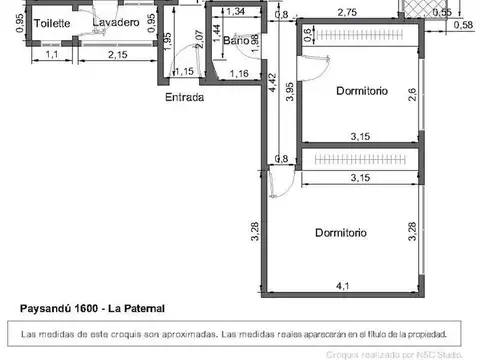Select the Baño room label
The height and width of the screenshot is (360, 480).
pos(237,41)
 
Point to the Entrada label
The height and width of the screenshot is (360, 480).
pos(185,98)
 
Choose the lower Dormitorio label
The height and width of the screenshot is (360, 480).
pos(340,233)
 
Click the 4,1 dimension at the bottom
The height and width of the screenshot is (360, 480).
pos(343,286)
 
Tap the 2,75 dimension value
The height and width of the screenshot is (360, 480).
pos(347,12)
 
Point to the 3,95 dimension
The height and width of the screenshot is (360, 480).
pos(289,90)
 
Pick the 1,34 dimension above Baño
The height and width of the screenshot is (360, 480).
pos(237,12)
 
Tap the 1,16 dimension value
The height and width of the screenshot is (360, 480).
pos(238,73)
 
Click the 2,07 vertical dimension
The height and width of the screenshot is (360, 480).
pos(200,41)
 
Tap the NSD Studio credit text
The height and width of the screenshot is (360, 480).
pos(439,354)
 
